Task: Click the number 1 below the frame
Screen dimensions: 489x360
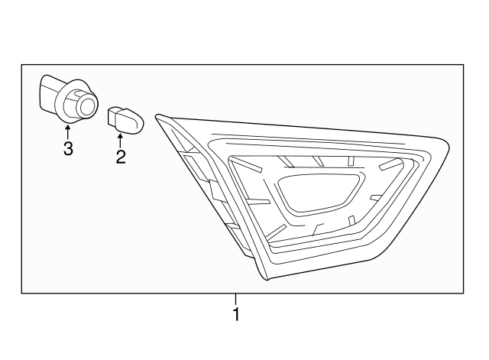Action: [x=236, y=314]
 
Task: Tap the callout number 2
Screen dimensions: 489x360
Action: [x=120, y=157]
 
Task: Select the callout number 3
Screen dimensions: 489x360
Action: [x=67, y=149]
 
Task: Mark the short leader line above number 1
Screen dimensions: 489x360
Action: [x=236, y=299]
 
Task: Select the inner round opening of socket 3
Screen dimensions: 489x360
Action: [x=89, y=107]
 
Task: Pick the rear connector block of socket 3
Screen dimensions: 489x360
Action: [x=49, y=94]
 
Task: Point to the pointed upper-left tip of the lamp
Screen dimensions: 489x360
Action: [x=157, y=117]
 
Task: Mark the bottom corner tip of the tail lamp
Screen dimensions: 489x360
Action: [x=267, y=280]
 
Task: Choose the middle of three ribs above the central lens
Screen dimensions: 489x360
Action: [x=316, y=161]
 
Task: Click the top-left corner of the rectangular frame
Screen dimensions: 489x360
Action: [x=21, y=65]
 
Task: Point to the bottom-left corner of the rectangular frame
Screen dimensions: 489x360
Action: [x=21, y=294]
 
